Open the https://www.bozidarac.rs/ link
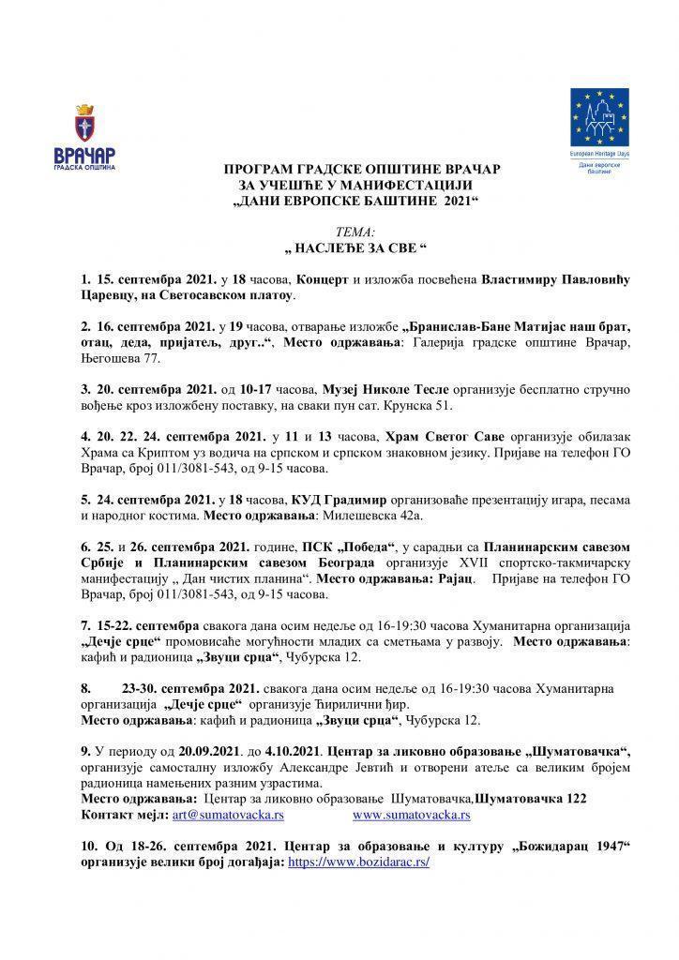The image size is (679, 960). (x=358, y=861)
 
